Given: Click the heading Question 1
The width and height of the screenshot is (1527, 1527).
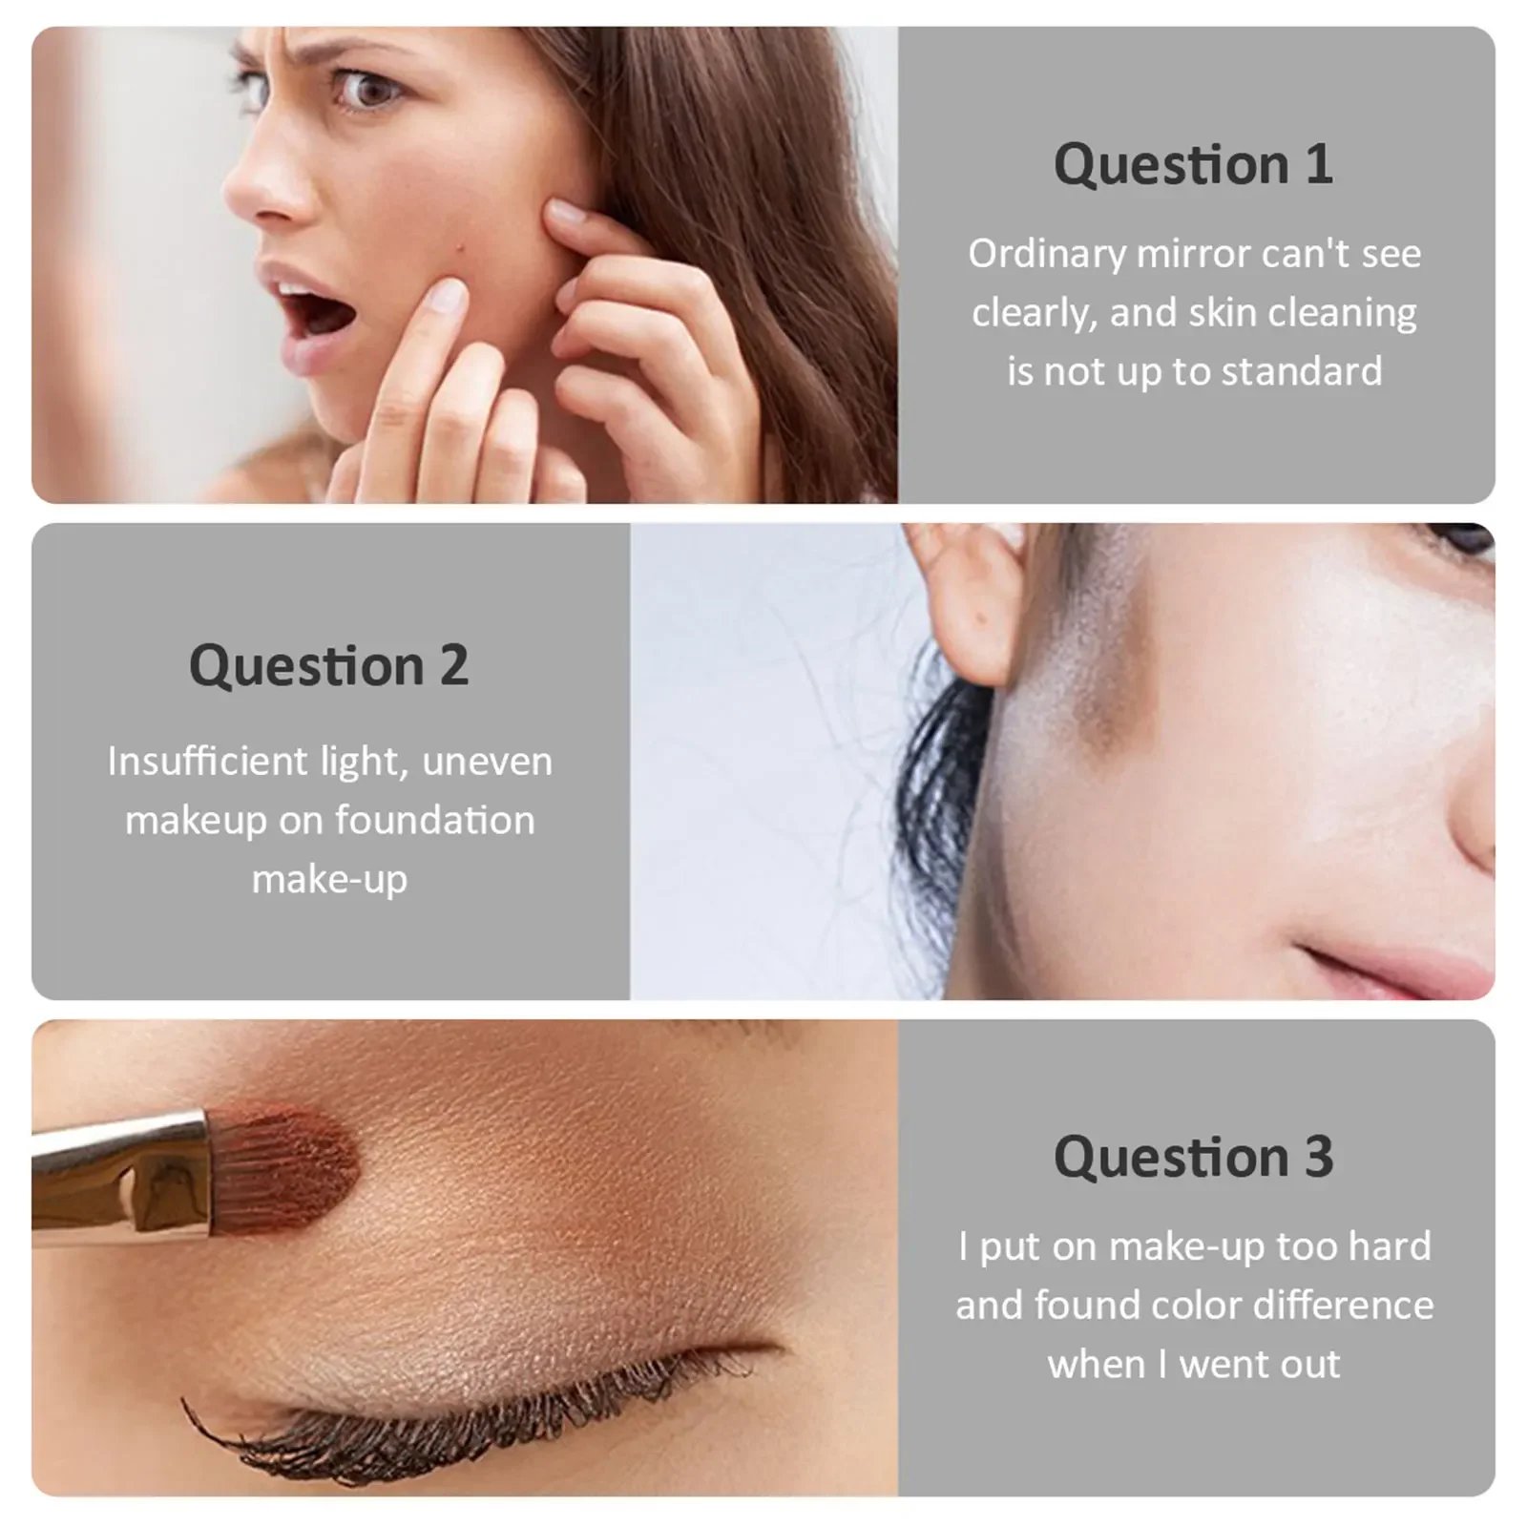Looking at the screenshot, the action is tap(1193, 164).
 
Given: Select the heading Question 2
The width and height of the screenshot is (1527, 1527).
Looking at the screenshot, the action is tap(328, 665).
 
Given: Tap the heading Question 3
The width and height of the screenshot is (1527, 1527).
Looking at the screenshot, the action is tap(1193, 1157).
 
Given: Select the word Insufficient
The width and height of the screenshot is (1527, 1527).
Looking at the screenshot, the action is tap(207, 761).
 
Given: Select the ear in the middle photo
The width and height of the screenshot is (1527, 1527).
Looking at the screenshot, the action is tap(964, 601).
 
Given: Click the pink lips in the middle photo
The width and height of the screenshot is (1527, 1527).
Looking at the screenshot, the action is tap(1403, 964).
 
